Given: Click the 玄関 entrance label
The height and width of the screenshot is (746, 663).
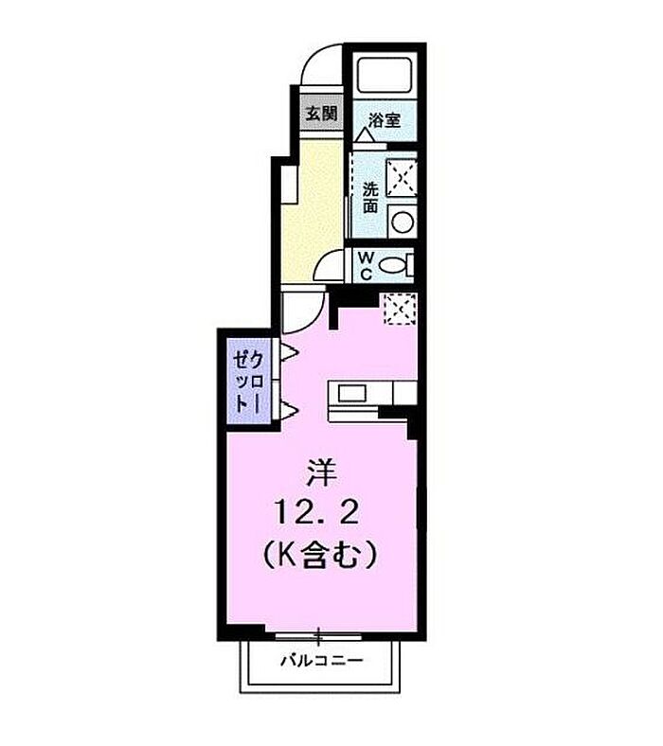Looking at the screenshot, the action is coord(321,114).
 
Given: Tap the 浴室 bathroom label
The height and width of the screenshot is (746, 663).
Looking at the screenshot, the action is coord(385,120).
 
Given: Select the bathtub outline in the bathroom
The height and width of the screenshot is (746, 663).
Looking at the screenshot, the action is coord(385,75).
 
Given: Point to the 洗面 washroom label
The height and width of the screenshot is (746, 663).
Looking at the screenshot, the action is coord(370,198).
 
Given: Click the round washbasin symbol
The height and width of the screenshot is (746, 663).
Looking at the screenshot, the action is coord(403,222).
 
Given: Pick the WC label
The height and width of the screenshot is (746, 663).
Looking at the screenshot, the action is coord(366,265).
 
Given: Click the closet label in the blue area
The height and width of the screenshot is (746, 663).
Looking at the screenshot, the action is coord(248,382).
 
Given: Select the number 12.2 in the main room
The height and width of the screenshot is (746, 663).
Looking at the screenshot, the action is coord(316,513).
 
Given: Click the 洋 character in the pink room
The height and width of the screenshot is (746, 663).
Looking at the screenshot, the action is coord(321,473).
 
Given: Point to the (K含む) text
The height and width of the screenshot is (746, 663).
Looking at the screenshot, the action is coord(320,555).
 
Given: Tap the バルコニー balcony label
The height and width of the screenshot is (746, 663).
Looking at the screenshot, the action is coord(322,660).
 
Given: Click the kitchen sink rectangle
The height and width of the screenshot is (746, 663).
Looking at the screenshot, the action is coord(351,393).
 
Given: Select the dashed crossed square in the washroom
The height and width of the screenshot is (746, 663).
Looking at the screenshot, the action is coord(403,177).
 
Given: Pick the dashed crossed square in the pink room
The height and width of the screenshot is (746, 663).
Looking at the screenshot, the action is coord(401,309).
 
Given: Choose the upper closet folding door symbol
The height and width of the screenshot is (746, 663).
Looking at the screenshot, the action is coord(289,352).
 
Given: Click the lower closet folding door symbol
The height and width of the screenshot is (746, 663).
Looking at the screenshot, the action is coord(289,410).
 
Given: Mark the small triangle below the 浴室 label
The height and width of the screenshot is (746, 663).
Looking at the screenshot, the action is coord(366,134).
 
